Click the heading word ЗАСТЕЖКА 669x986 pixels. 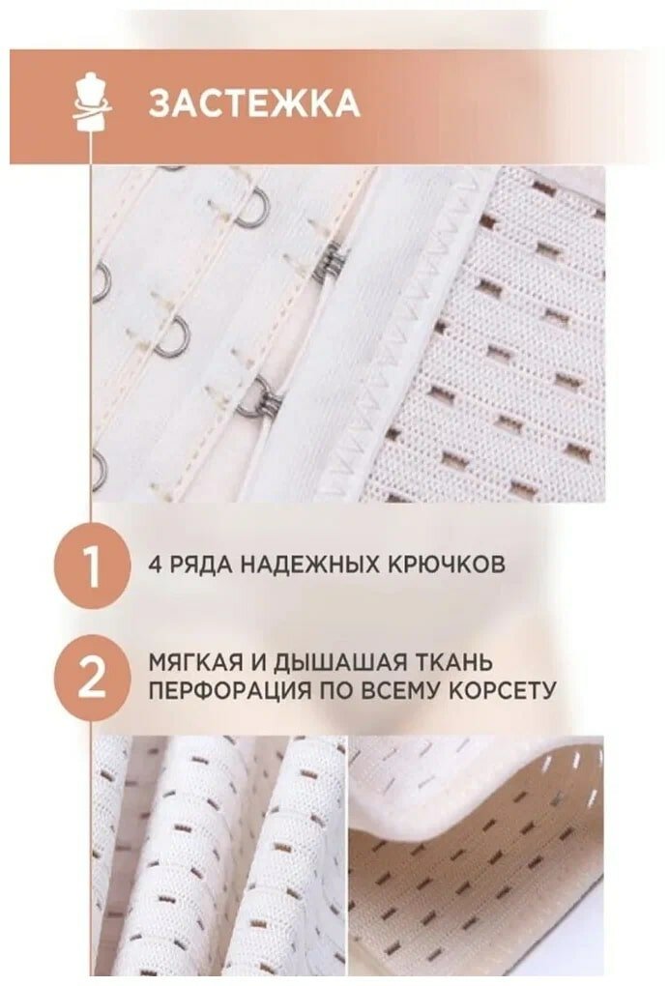(254, 104)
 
